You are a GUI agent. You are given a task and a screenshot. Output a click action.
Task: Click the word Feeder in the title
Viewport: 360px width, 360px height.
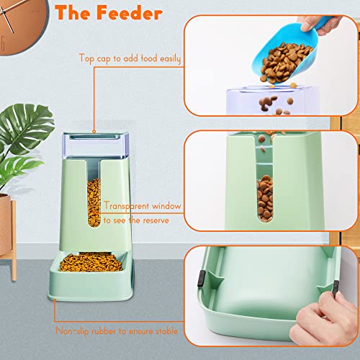tap(141, 14)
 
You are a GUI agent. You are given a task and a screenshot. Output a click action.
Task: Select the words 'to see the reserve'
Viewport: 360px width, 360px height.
tap(136, 220)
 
